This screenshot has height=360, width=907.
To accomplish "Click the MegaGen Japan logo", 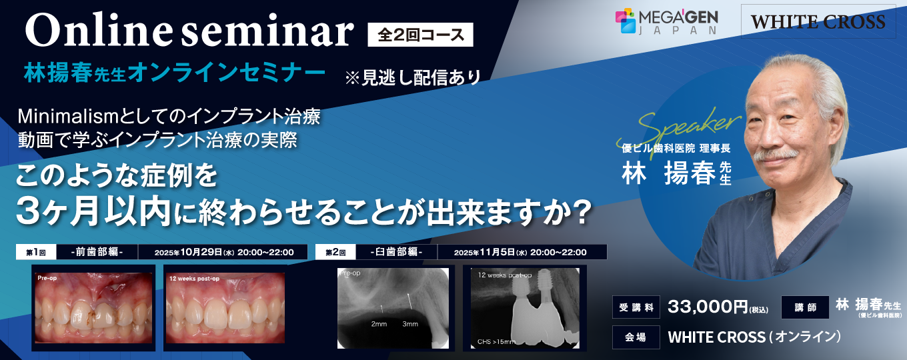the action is [x=666, y=21].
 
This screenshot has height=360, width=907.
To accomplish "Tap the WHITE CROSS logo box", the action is [x=818, y=21].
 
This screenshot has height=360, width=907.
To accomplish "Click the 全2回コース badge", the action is [x=420, y=35].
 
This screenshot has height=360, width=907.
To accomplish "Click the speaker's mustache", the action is [x=776, y=155].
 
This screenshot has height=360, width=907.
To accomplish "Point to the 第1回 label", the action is [x=36, y=252].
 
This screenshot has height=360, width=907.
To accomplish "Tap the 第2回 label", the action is [x=335, y=252].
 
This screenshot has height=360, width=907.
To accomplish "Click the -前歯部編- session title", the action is [x=97, y=252].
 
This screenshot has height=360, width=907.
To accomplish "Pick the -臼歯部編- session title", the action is [x=396, y=252].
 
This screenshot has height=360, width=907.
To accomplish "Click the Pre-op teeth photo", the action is [x=93, y=308].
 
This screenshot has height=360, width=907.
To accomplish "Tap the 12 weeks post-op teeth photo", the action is [x=225, y=308].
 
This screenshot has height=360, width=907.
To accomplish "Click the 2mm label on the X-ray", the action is [x=379, y=324].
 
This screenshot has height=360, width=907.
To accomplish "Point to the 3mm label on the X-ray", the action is [x=410, y=324].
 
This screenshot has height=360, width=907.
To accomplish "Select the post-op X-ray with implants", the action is [x=525, y=308].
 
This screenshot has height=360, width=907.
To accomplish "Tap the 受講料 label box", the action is [x=636, y=307].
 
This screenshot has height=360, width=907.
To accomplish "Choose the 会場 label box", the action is [x=636, y=337].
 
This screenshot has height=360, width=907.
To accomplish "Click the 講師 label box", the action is [x=805, y=307].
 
